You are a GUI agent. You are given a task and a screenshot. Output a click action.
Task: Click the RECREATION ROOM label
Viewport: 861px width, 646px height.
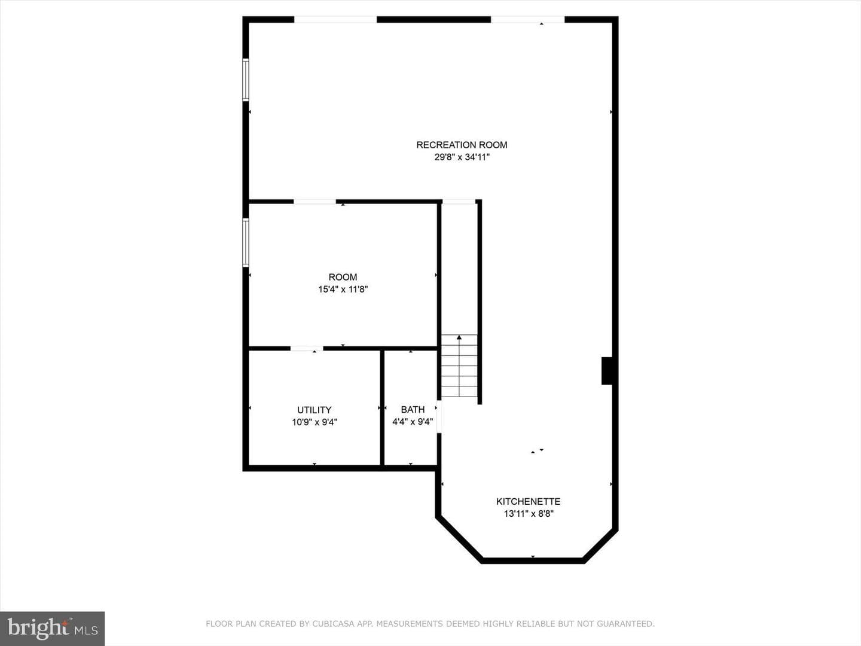(462, 145)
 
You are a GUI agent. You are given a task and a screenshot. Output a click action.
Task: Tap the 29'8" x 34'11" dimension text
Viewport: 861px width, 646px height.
(462, 157)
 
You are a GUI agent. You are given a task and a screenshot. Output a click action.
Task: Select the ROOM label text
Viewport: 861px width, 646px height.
(343, 278)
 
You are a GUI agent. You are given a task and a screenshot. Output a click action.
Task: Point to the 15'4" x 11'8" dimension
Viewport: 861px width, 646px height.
(343, 290)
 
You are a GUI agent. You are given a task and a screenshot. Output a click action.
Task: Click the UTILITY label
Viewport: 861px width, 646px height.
(314, 410)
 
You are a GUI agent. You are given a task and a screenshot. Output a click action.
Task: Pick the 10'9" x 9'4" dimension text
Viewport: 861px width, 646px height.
(315, 422)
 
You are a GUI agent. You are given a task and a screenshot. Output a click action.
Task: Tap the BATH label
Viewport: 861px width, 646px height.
(413, 410)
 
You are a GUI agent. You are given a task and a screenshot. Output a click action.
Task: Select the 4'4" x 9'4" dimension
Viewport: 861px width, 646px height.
(413, 422)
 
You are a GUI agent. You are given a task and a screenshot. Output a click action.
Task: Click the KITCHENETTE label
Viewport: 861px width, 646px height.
(529, 501)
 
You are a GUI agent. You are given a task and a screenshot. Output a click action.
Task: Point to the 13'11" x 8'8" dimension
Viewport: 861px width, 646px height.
(529, 513)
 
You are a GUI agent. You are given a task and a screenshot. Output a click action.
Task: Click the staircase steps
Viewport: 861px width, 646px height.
(459, 366)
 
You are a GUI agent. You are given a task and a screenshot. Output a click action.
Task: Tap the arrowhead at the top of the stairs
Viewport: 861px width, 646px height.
(459, 337)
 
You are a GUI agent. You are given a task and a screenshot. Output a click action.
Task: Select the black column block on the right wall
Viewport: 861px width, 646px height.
(607, 371)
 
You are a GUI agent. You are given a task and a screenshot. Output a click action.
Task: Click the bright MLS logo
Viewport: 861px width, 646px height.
(52, 629)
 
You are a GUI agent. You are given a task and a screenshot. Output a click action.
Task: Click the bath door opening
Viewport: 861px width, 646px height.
(439, 417)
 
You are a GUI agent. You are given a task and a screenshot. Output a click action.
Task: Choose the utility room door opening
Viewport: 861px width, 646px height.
(307, 348)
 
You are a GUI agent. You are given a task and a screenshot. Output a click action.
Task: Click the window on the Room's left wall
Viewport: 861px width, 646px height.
(246, 242)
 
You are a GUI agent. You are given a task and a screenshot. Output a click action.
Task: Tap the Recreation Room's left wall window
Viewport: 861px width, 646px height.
(246, 80)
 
